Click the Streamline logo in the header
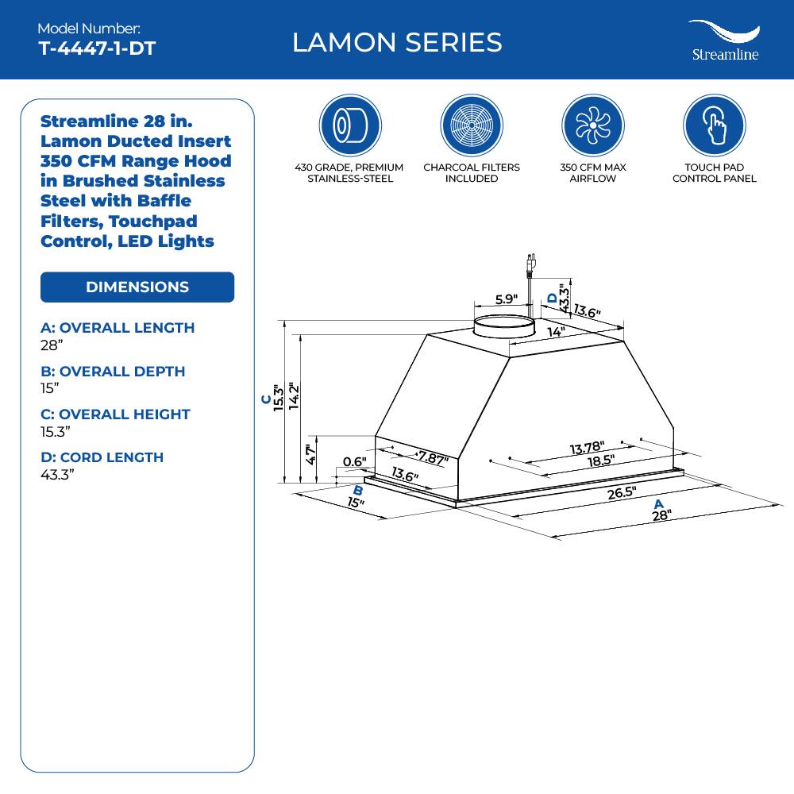[723, 41]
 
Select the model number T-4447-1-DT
[97, 48]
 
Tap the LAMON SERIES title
[397, 42]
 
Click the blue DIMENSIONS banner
[137, 287]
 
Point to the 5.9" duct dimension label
[506, 299]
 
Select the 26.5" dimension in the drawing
[622, 491]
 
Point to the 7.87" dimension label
[433, 458]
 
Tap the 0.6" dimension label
[354, 462]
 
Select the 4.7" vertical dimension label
[311, 454]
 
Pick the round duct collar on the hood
[503, 325]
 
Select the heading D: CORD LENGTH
[102, 457]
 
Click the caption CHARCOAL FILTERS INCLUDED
[472, 173]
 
